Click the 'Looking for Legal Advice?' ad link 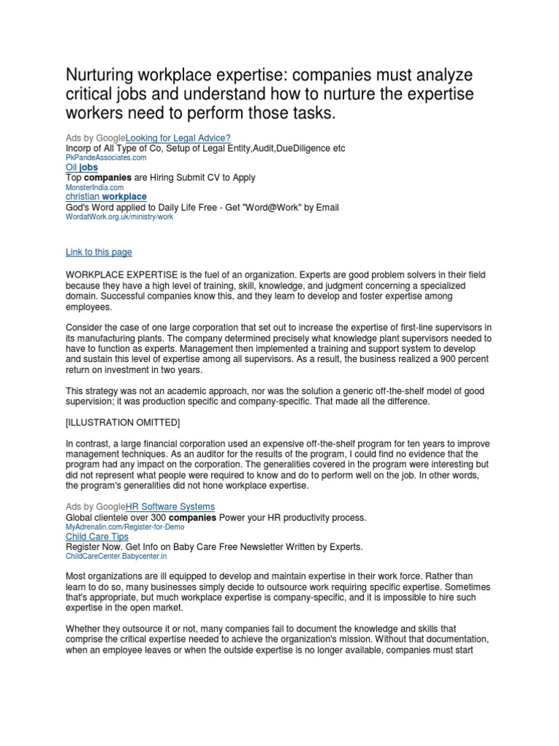(178, 138)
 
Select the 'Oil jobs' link (82, 168)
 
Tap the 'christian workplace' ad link (106, 197)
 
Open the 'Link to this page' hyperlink (99, 252)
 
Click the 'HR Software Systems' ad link (170, 506)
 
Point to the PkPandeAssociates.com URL (106, 157)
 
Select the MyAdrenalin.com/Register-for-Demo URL (124, 526)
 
